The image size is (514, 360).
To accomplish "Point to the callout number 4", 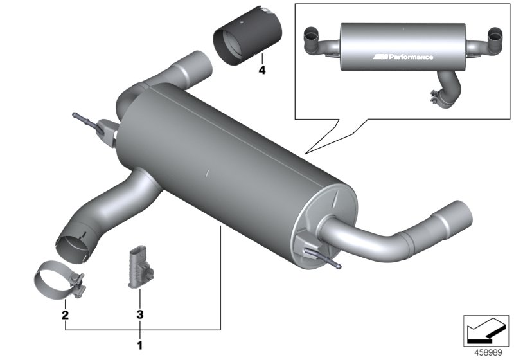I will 261,69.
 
